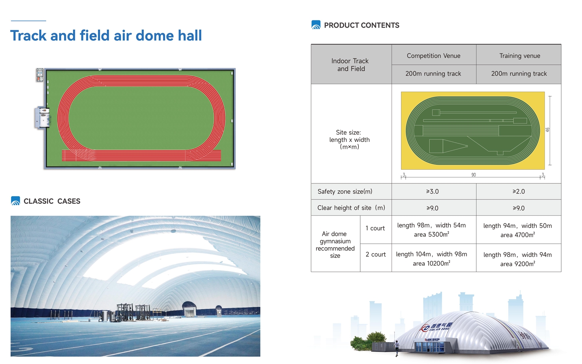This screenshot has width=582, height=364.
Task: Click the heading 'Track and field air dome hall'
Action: pos(106,36)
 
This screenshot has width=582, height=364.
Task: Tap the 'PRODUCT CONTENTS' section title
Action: pos(361,25)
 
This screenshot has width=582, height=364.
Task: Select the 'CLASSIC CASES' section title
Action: pos(52,201)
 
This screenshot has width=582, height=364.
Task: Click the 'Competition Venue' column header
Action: pos(433,56)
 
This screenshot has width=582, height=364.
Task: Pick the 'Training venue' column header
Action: pos(520,56)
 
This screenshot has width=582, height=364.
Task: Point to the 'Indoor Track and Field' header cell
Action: pos(350,65)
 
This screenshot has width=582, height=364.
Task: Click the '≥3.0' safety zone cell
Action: pos(432,191)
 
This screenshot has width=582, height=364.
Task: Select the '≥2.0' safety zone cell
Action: pos(519,191)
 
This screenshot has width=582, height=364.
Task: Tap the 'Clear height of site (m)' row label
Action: pos(351,208)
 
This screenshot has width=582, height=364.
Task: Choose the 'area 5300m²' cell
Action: pos(432,234)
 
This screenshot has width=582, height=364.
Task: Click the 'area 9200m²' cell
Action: pos(518,264)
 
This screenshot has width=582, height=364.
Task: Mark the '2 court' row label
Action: pos(375,254)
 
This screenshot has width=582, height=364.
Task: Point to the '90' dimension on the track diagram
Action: pos(474,175)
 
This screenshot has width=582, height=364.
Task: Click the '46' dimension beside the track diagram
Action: pos(547,130)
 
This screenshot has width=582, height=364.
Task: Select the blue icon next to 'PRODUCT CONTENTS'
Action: pos(316,25)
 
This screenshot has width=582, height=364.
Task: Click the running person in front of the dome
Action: pos(397,348)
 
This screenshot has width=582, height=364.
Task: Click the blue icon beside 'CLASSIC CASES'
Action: pos(16,201)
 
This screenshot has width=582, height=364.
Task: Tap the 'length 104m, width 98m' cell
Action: pos(432,254)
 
